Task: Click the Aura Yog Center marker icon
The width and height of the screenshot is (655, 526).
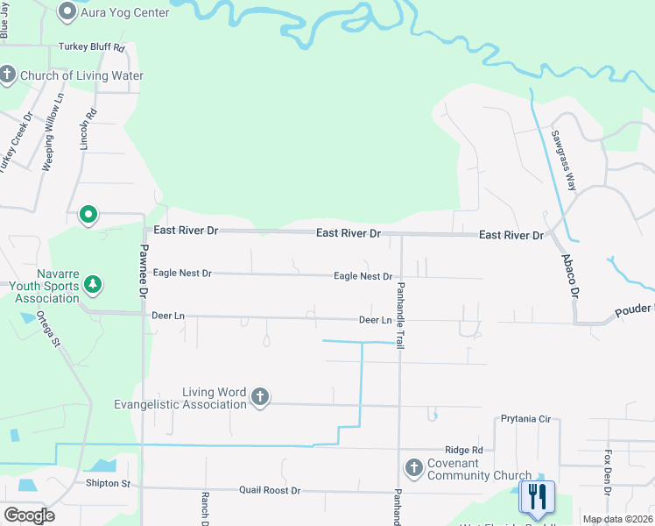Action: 67,12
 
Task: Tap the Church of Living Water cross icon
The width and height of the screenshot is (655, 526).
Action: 7,75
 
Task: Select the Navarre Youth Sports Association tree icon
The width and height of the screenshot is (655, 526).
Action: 93,285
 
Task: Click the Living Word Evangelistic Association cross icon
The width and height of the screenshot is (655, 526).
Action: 259,398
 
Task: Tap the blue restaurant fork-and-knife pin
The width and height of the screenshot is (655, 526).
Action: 536,497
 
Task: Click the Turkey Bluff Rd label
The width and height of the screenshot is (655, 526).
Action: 92,47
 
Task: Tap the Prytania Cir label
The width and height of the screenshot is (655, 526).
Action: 525,419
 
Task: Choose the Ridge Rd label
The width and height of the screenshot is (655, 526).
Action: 463,449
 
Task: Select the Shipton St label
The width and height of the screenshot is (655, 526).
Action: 108,483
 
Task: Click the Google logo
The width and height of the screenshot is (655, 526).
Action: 29,515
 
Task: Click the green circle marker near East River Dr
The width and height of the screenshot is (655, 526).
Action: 88,214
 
